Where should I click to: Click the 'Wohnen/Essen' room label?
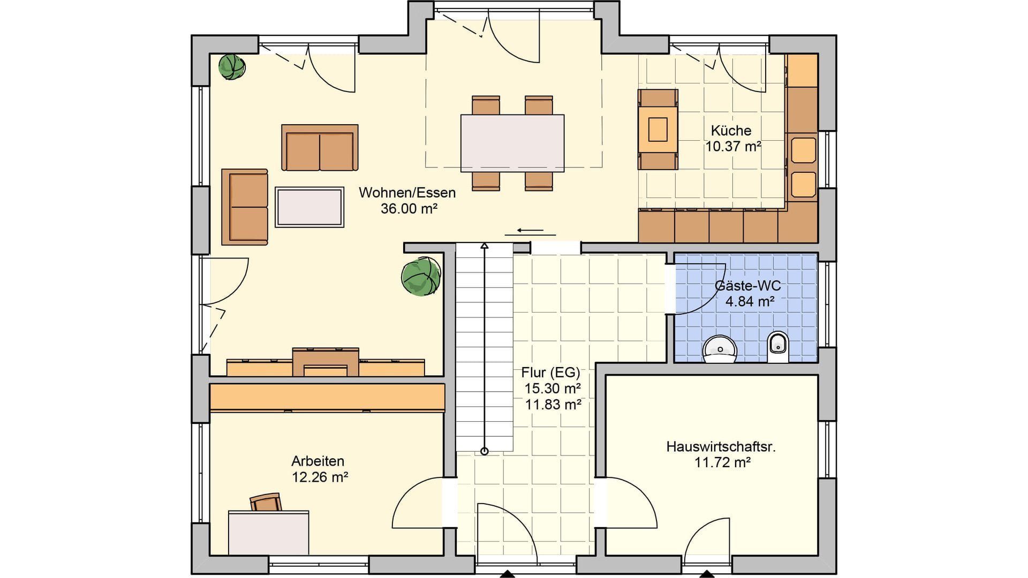click(407, 193)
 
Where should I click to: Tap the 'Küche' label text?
click(731, 131)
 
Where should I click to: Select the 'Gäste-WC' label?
click(748, 286)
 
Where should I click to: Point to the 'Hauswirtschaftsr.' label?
click(721, 446)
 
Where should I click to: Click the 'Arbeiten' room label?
click(318, 461)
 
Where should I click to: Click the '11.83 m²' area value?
click(553, 405)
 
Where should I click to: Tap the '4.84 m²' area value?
click(750, 301)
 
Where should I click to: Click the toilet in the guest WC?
click(777, 347)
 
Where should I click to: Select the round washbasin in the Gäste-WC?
click(720, 349)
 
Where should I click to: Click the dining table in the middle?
click(512, 143)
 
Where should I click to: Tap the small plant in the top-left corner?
click(232, 67)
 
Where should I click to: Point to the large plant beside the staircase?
click(421, 276)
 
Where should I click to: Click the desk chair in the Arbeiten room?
click(266, 503)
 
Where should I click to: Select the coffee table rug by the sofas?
click(309, 207)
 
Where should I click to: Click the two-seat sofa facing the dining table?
click(320, 148)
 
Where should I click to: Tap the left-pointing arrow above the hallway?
click(531, 231)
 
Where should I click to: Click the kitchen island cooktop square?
click(658, 129)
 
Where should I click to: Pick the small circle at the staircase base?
click(485, 451)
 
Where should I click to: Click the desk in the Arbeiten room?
click(269, 533)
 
